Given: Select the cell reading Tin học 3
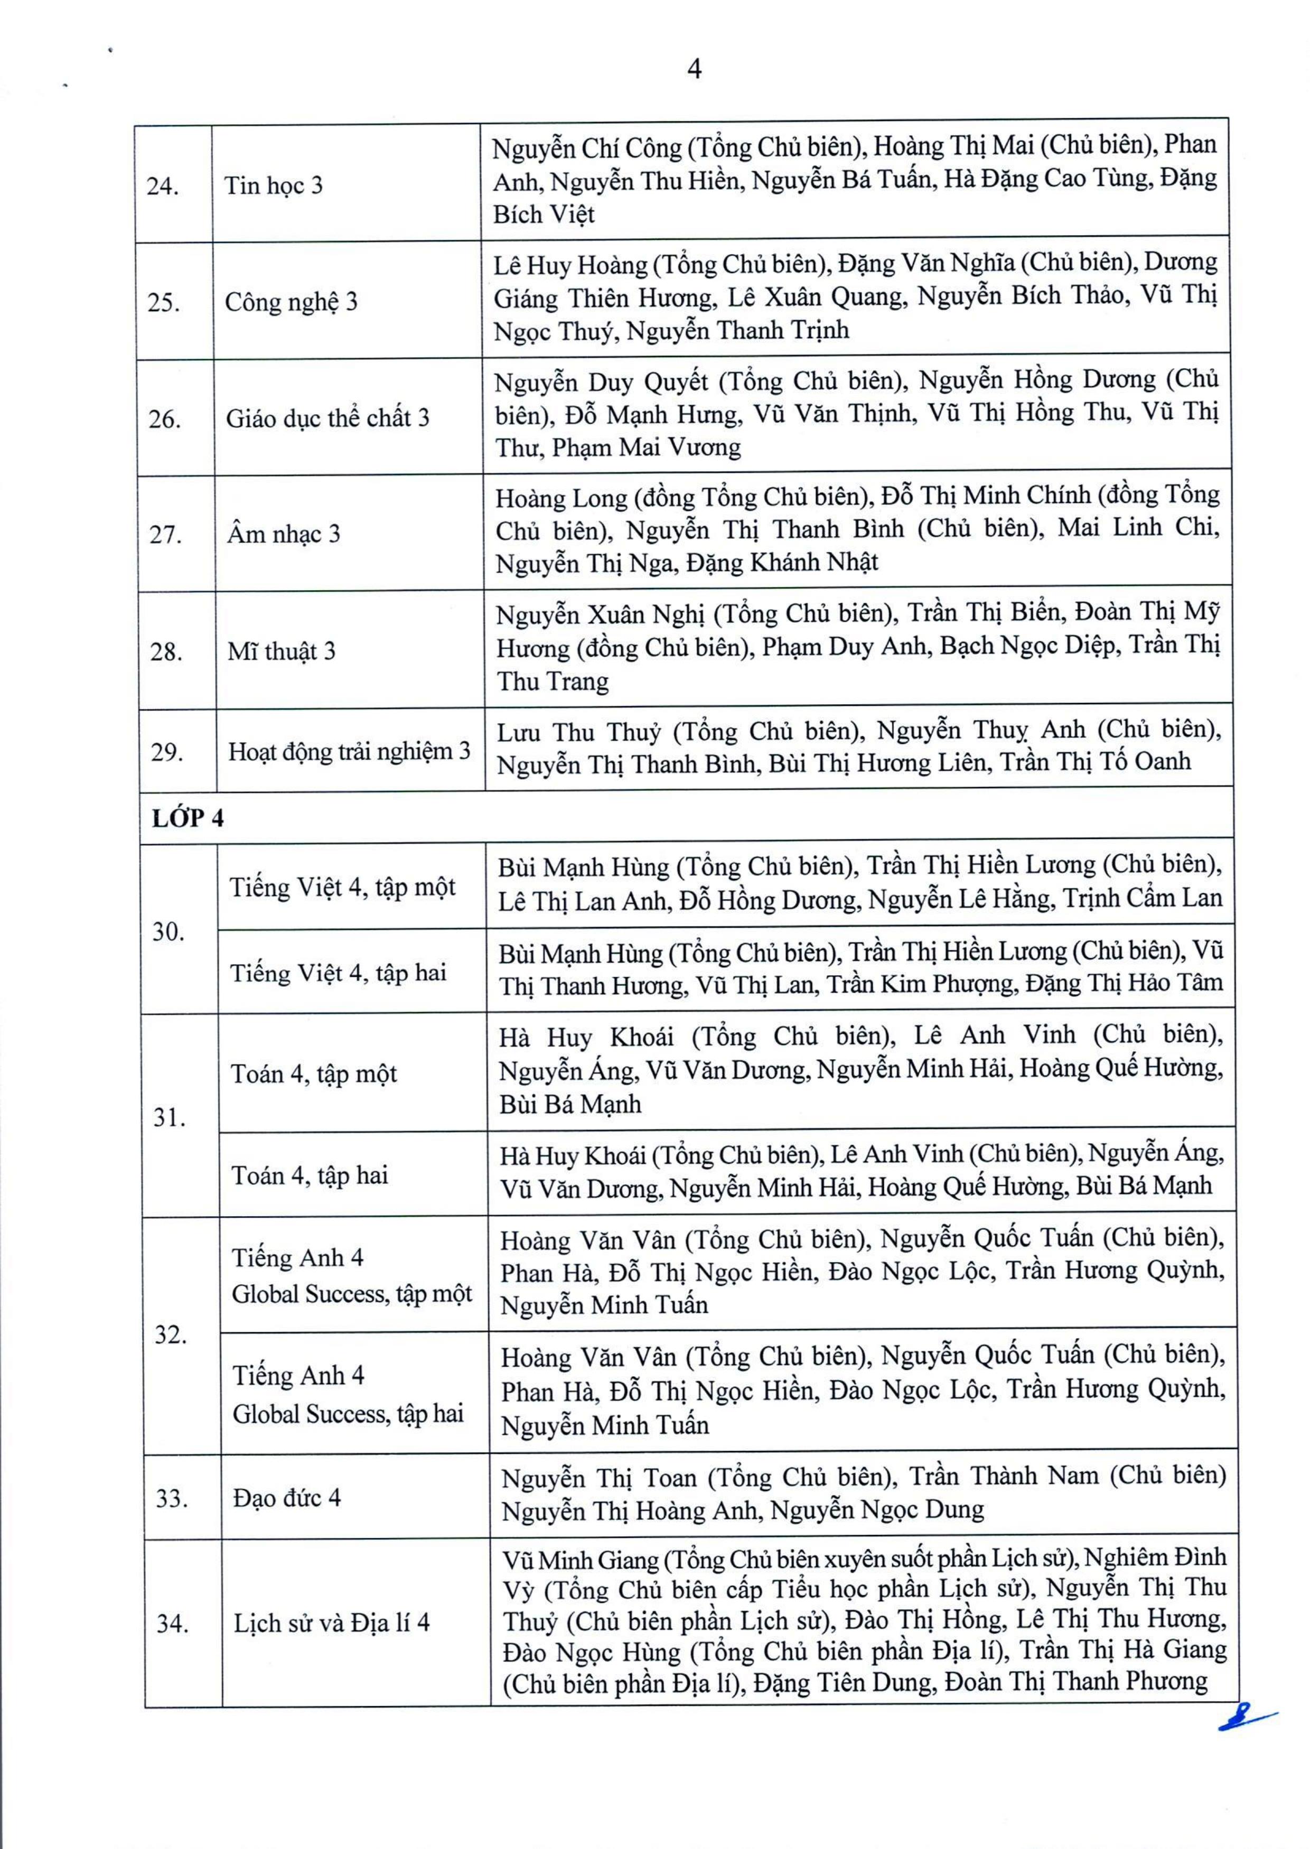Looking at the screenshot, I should [x=274, y=185].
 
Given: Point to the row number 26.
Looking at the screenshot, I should [x=165, y=419].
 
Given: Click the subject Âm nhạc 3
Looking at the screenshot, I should [x=284, y=534].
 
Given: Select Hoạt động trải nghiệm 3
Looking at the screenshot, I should [x=349, y=752].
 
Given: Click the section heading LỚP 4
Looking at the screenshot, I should [x=188, y=819].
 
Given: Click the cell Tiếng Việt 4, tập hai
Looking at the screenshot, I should [x=338, y=973].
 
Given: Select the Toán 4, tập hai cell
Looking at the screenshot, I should [x=310, y=1175].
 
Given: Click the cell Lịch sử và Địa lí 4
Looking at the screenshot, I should [x=332, y=1623].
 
